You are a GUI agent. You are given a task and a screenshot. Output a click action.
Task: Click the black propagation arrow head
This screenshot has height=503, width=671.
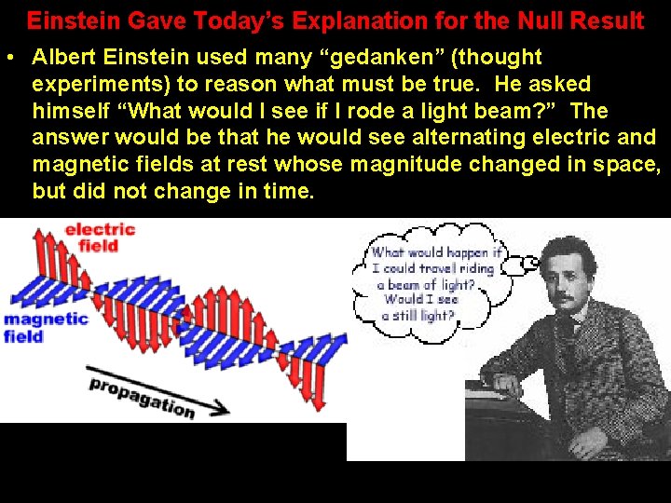pos(221,407)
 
